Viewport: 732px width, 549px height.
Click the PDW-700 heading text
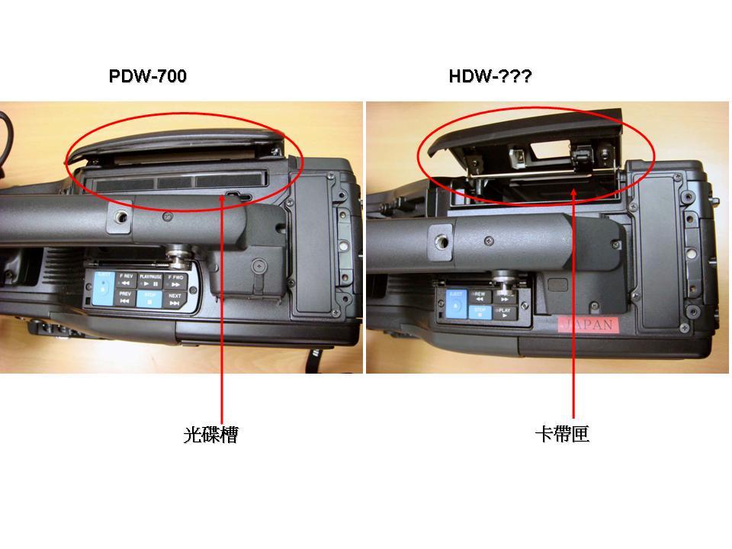(x=148, y=76)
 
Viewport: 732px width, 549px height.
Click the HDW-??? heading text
(x=490, y=76)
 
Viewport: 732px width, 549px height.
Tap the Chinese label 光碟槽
(x=210, y=435)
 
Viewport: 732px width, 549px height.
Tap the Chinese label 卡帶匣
(x=562, y=435)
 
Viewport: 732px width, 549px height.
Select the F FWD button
(x=175, y=279)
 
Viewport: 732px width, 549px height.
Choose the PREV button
(x=125, y=297)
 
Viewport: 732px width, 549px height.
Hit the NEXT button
(x=175, y=297)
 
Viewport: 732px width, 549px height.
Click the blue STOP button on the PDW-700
(x=149, y=297)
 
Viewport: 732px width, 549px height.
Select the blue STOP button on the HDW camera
(x=480, y=312)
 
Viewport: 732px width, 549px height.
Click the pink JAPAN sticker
(x=585, y=324)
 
